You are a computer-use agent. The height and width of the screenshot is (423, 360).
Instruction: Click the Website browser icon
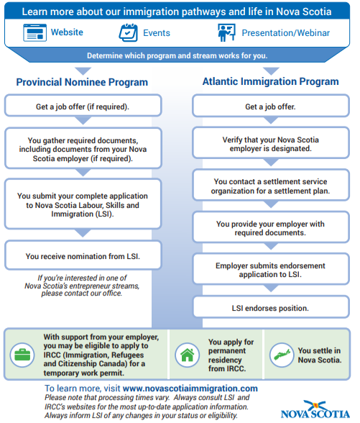(34, 33)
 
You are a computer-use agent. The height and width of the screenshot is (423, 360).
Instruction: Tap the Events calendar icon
(128, 33)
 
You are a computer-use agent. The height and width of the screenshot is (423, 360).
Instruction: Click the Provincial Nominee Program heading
(82, 82)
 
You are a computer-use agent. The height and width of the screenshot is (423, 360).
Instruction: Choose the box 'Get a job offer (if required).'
(82, 107)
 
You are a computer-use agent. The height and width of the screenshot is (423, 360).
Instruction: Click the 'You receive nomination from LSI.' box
(82, 255)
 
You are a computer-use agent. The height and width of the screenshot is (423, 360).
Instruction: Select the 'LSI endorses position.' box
(270, 308)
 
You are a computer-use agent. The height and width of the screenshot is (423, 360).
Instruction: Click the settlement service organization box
(270, 186)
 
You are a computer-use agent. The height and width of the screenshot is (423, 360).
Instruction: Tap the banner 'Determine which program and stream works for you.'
(180, 55)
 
